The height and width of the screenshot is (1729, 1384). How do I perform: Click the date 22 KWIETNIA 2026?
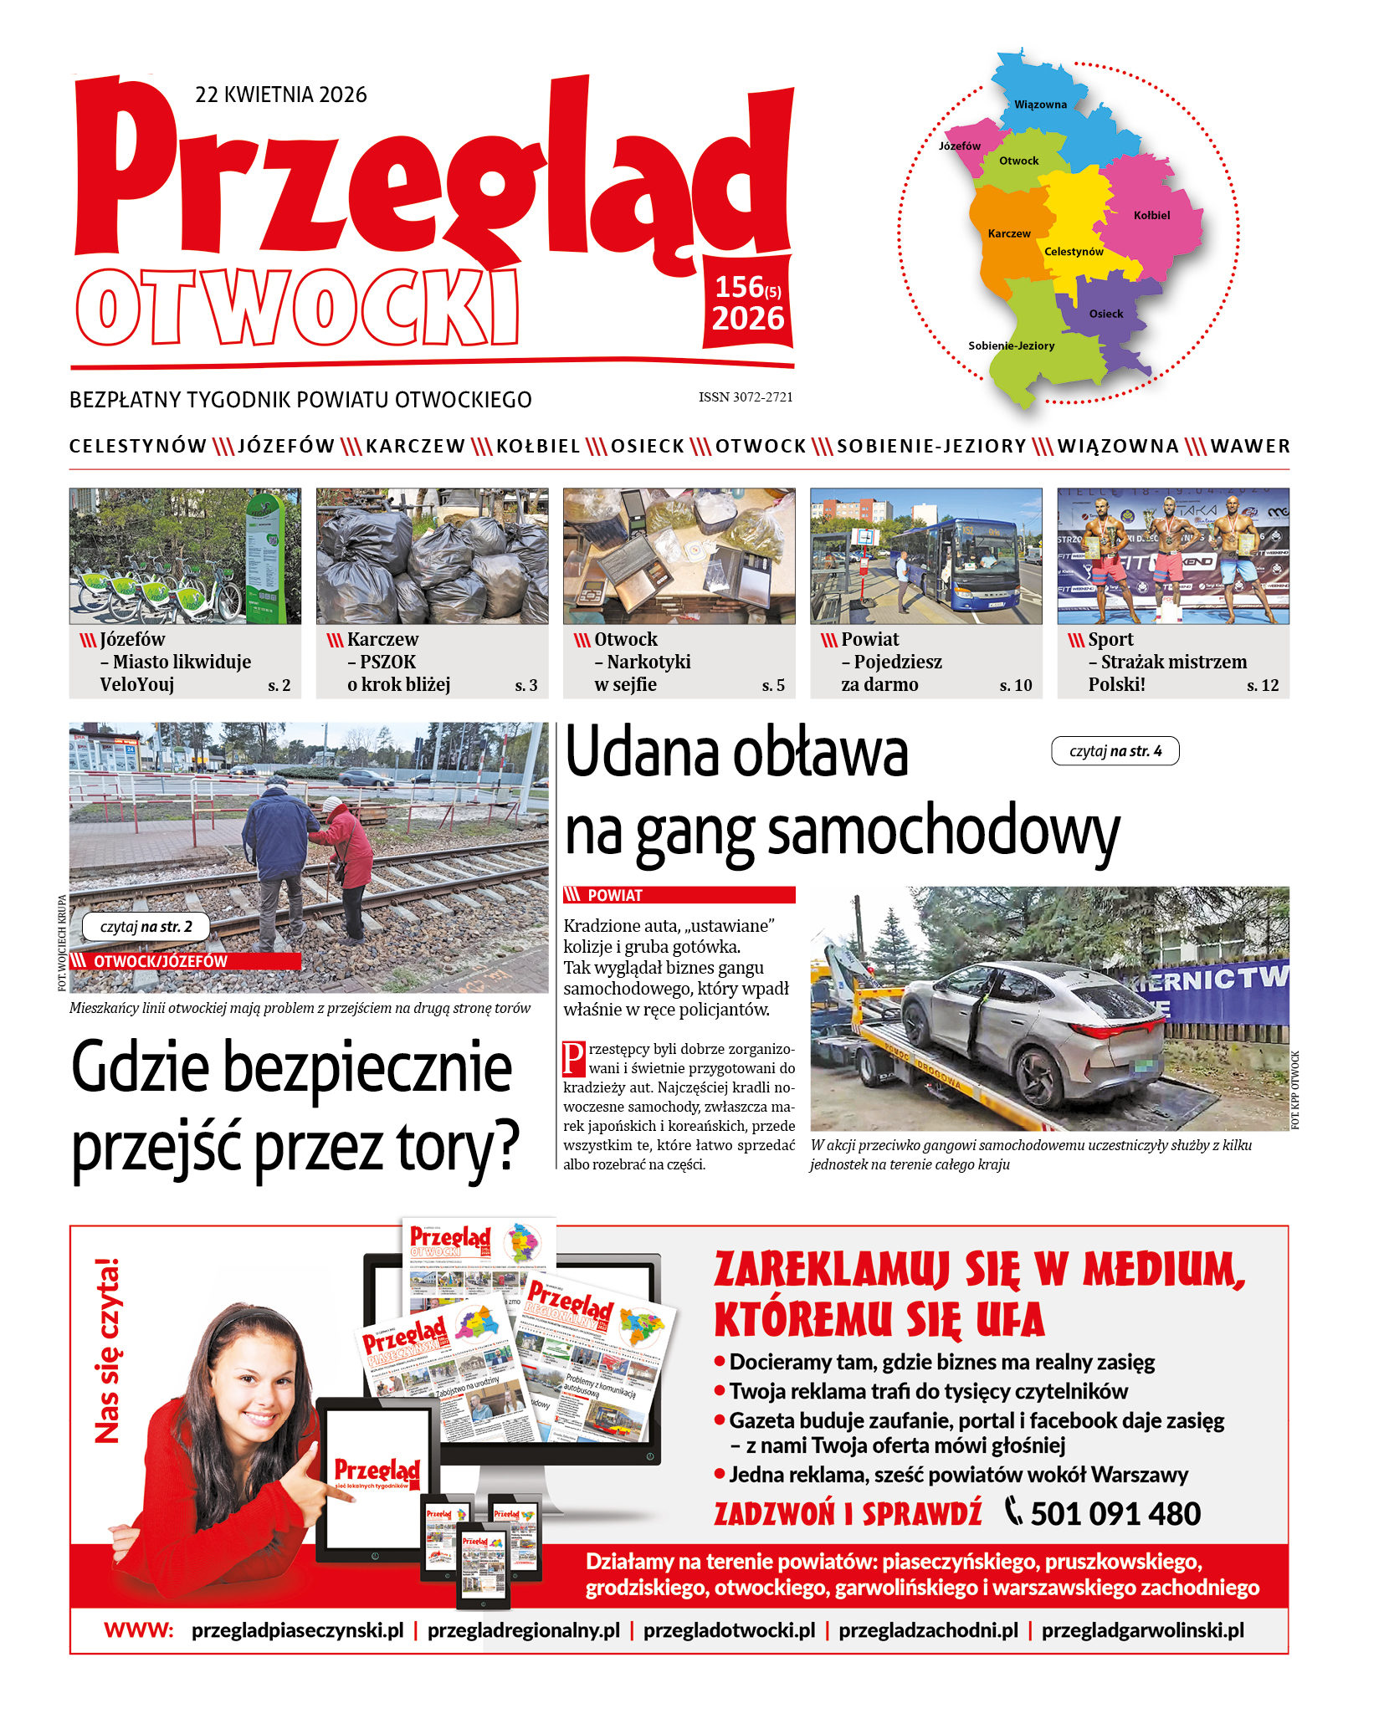click(x=280, y=95)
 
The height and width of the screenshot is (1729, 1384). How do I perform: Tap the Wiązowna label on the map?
click(x=1040, y=105)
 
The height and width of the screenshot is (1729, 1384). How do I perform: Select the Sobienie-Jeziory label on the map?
click(x=1011, y=345)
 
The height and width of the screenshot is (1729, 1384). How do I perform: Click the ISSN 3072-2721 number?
click(x=746, y=397)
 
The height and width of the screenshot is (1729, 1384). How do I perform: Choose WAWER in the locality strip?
click(x=1250, y=446)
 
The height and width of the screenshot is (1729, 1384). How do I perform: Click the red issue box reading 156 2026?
click(x=748, y=303)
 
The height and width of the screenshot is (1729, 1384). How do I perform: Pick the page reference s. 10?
click(x=1015, y=686)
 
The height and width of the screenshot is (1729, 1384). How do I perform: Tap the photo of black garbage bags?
click(x=432, y=556)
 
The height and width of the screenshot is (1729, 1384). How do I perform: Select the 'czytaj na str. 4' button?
click(x=1115, y=751)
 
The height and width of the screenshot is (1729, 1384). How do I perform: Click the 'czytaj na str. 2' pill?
click(x=146, y=927)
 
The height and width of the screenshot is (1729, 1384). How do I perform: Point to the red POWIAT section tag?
click(x=678, y=895)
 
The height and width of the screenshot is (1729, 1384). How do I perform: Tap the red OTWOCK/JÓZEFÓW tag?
click(x=184, y=961)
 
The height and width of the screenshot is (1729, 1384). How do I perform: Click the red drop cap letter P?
click(x=573, y=1058)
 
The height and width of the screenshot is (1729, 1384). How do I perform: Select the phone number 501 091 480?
click(x=1115, y=1514)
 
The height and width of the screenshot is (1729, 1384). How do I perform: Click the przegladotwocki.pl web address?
click(x=729, y=1630)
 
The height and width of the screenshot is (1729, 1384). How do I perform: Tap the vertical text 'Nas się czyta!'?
click(x=107, y=1351)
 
